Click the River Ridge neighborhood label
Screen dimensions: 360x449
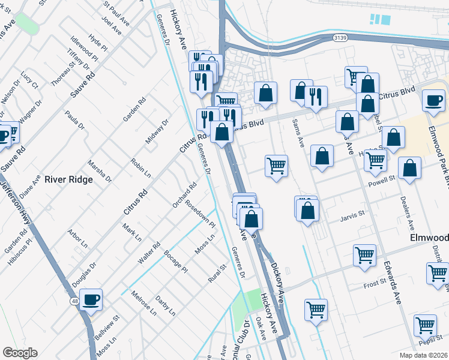tap(68, 179)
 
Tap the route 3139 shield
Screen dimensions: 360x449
tap(340, 38)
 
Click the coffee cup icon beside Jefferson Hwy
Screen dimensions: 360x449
tap(91, 299)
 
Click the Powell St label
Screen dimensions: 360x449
tap(381, 179)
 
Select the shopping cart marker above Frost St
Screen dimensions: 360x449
tap(365, 256)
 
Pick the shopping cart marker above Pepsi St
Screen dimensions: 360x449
tap(425, 326)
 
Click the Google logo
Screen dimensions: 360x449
tap(20, 353)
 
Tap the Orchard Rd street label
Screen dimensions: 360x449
tap(184, 195)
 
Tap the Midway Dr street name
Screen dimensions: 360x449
tap(157, 131)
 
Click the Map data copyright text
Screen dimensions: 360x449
tap(424, 355)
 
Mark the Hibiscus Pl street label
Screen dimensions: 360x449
tap(18, 253)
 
